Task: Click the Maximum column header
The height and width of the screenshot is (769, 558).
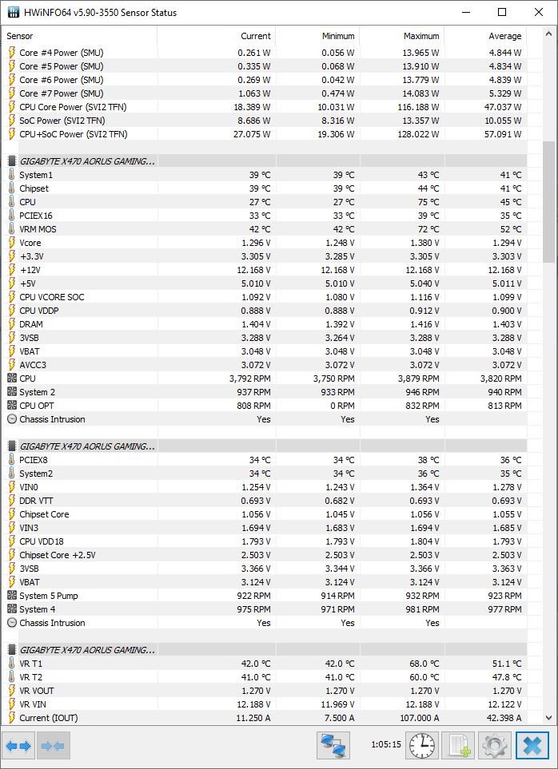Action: [x=421, y=36]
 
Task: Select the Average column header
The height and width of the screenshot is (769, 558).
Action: [x=504, y=36]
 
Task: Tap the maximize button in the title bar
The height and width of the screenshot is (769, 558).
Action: [x=502, y=12]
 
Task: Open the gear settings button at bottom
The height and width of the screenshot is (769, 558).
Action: [x=495, y=746]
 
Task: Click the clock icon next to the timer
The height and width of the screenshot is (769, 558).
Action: [x=423, y=746]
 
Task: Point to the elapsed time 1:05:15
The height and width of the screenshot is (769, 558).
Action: [x=386, y=744]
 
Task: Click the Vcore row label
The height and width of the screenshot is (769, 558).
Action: [x=30, y=243]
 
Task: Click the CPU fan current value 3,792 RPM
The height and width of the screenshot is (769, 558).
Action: [x=249, y=379]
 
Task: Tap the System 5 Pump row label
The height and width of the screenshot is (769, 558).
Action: [x=49, y=596]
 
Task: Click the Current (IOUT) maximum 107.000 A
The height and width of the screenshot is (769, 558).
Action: [x=414, y=718]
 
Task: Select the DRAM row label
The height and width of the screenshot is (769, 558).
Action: [x=31, y=324]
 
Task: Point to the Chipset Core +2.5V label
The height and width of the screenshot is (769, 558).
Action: [x=58, y=555]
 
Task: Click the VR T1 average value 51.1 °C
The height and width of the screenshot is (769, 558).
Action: [x=505, y=664]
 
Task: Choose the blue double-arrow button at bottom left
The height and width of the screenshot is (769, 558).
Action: [x=18, y=746]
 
